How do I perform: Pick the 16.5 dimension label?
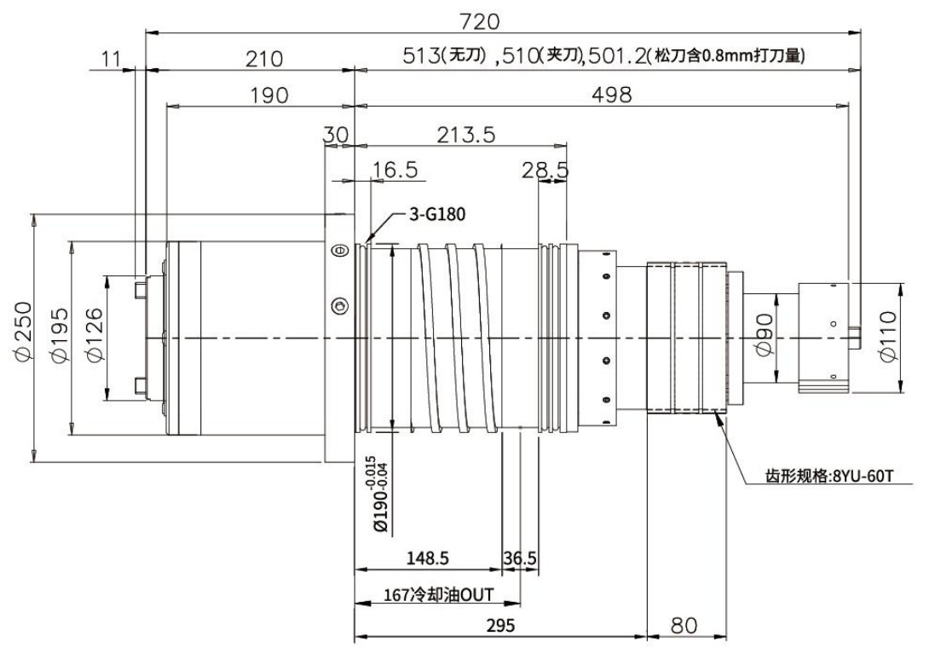point(394,170)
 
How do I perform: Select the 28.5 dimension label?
point(545,170)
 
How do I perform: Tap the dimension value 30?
point(337,134)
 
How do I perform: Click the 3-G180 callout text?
point(437,215)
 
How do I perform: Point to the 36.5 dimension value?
point(519,558)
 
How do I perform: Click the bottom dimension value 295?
point(500,626)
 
